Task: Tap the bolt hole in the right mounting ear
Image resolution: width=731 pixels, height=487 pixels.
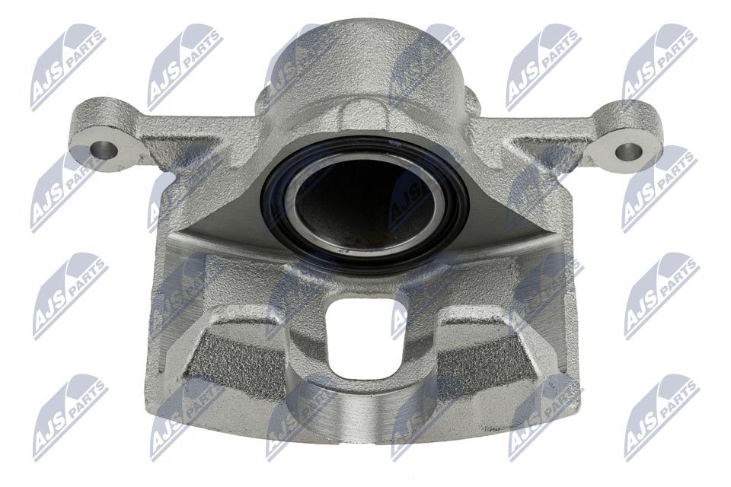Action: [x=630, y=148]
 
